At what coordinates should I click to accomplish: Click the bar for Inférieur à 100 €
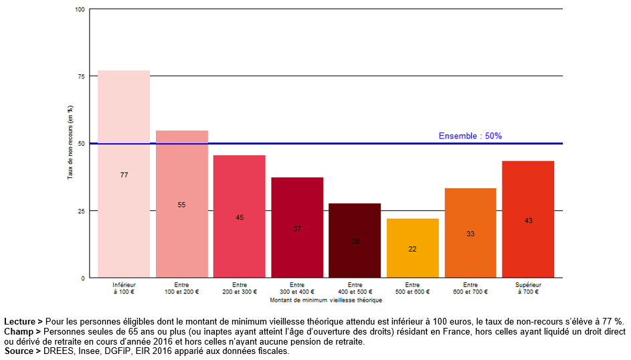[124, 134]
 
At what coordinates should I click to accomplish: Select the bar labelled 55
[181, 167]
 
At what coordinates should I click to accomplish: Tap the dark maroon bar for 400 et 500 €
[355, 221]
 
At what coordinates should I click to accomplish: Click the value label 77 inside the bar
[124, 175]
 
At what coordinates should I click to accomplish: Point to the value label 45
[240, 217]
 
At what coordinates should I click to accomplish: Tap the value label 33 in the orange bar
[470, 234]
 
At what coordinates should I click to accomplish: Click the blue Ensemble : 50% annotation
[470, 136]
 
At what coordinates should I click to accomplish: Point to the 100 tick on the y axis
[80, 9]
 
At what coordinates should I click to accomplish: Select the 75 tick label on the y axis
[82, 76]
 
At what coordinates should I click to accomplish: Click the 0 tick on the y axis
[83, 278]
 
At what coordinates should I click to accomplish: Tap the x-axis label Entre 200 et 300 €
[240, 288]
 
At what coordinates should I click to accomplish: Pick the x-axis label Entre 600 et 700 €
[470, 288]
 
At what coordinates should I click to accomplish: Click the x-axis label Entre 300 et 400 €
[297, 288]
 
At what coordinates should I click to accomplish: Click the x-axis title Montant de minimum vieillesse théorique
[326, 300]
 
